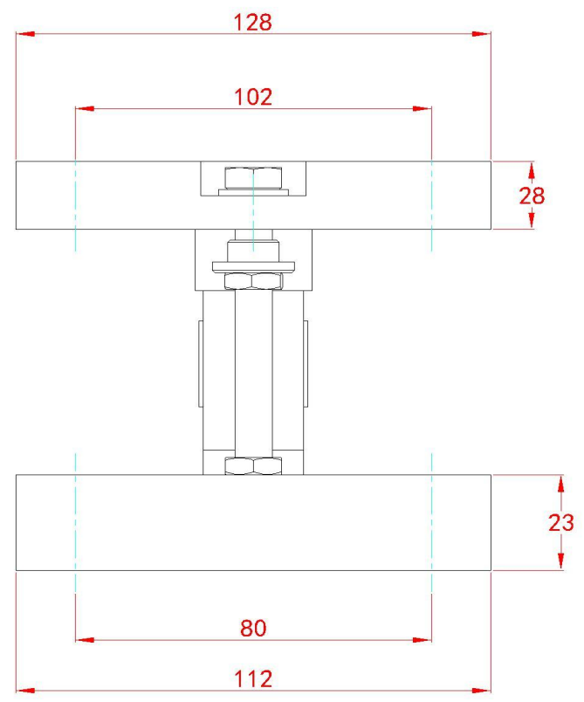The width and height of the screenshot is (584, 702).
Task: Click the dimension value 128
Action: coord(253,23)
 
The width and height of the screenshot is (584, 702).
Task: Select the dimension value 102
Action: coord(253,97)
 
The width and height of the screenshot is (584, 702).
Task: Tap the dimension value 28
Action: coord(532,196)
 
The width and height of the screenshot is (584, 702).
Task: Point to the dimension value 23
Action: coord(561,522)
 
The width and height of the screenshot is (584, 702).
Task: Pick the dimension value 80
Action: coord(253,628)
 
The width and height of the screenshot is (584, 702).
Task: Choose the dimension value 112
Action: coord(253,679)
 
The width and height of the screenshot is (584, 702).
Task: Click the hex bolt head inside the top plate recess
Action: coord(253,178)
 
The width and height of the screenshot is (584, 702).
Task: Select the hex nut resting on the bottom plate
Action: coord(253,465)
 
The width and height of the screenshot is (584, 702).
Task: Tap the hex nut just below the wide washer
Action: coord(253,281)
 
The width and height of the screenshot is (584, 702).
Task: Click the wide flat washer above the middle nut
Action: coord(253,267)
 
